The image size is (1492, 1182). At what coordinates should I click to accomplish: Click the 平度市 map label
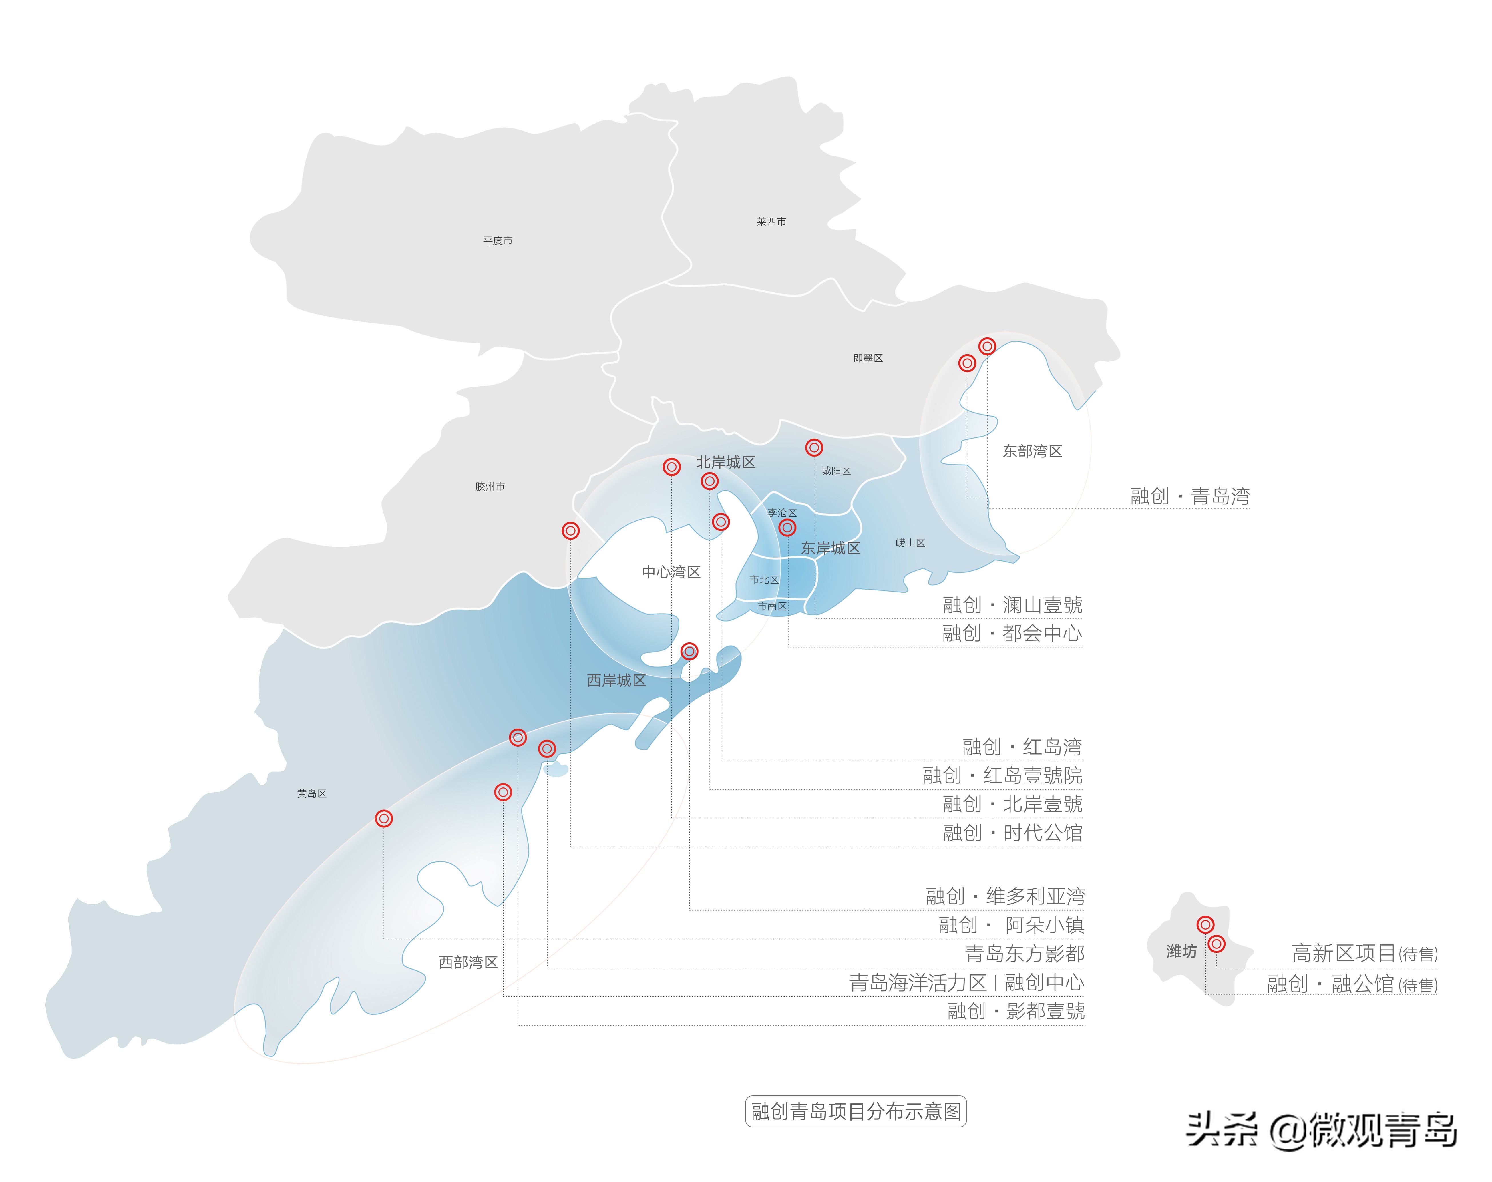(498, 241)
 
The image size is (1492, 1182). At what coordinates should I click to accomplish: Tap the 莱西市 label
(771, 222)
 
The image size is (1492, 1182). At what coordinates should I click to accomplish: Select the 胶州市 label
(490, 487)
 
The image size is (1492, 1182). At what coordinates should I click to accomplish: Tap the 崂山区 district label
(910, 543)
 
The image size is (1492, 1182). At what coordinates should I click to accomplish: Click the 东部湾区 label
(1032, 451)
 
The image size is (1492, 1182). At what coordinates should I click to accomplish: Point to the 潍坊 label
(1181, 952)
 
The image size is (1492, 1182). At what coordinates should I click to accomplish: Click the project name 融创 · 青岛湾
(1189, 496)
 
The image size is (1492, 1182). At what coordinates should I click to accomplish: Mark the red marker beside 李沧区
(787, 527)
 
